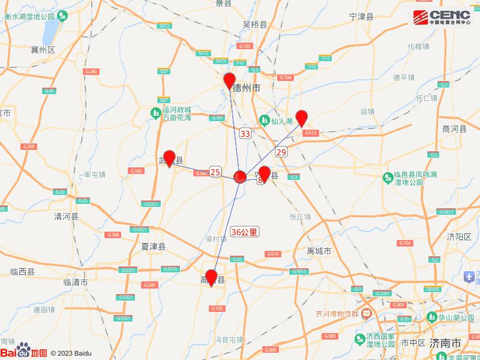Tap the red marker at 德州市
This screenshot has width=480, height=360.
[x=229, y=80]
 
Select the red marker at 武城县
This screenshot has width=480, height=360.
[x=169, y=158]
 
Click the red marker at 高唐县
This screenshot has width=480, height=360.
[x=212, y=277]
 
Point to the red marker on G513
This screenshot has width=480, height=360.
[x=302, y=118]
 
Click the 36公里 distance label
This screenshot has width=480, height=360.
[x=244, y=231]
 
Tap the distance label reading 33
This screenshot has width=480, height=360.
[x=245, y=133]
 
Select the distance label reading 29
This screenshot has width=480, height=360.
[x=281, y=152]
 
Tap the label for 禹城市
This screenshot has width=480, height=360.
[x=319, y=251]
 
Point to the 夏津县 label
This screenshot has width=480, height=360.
[x=153, y=247]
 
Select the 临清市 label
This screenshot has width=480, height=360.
[x=76, y=281]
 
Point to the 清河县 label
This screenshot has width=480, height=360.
[x=66, y=216]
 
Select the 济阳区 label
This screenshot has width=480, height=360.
[x=459, y=236]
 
